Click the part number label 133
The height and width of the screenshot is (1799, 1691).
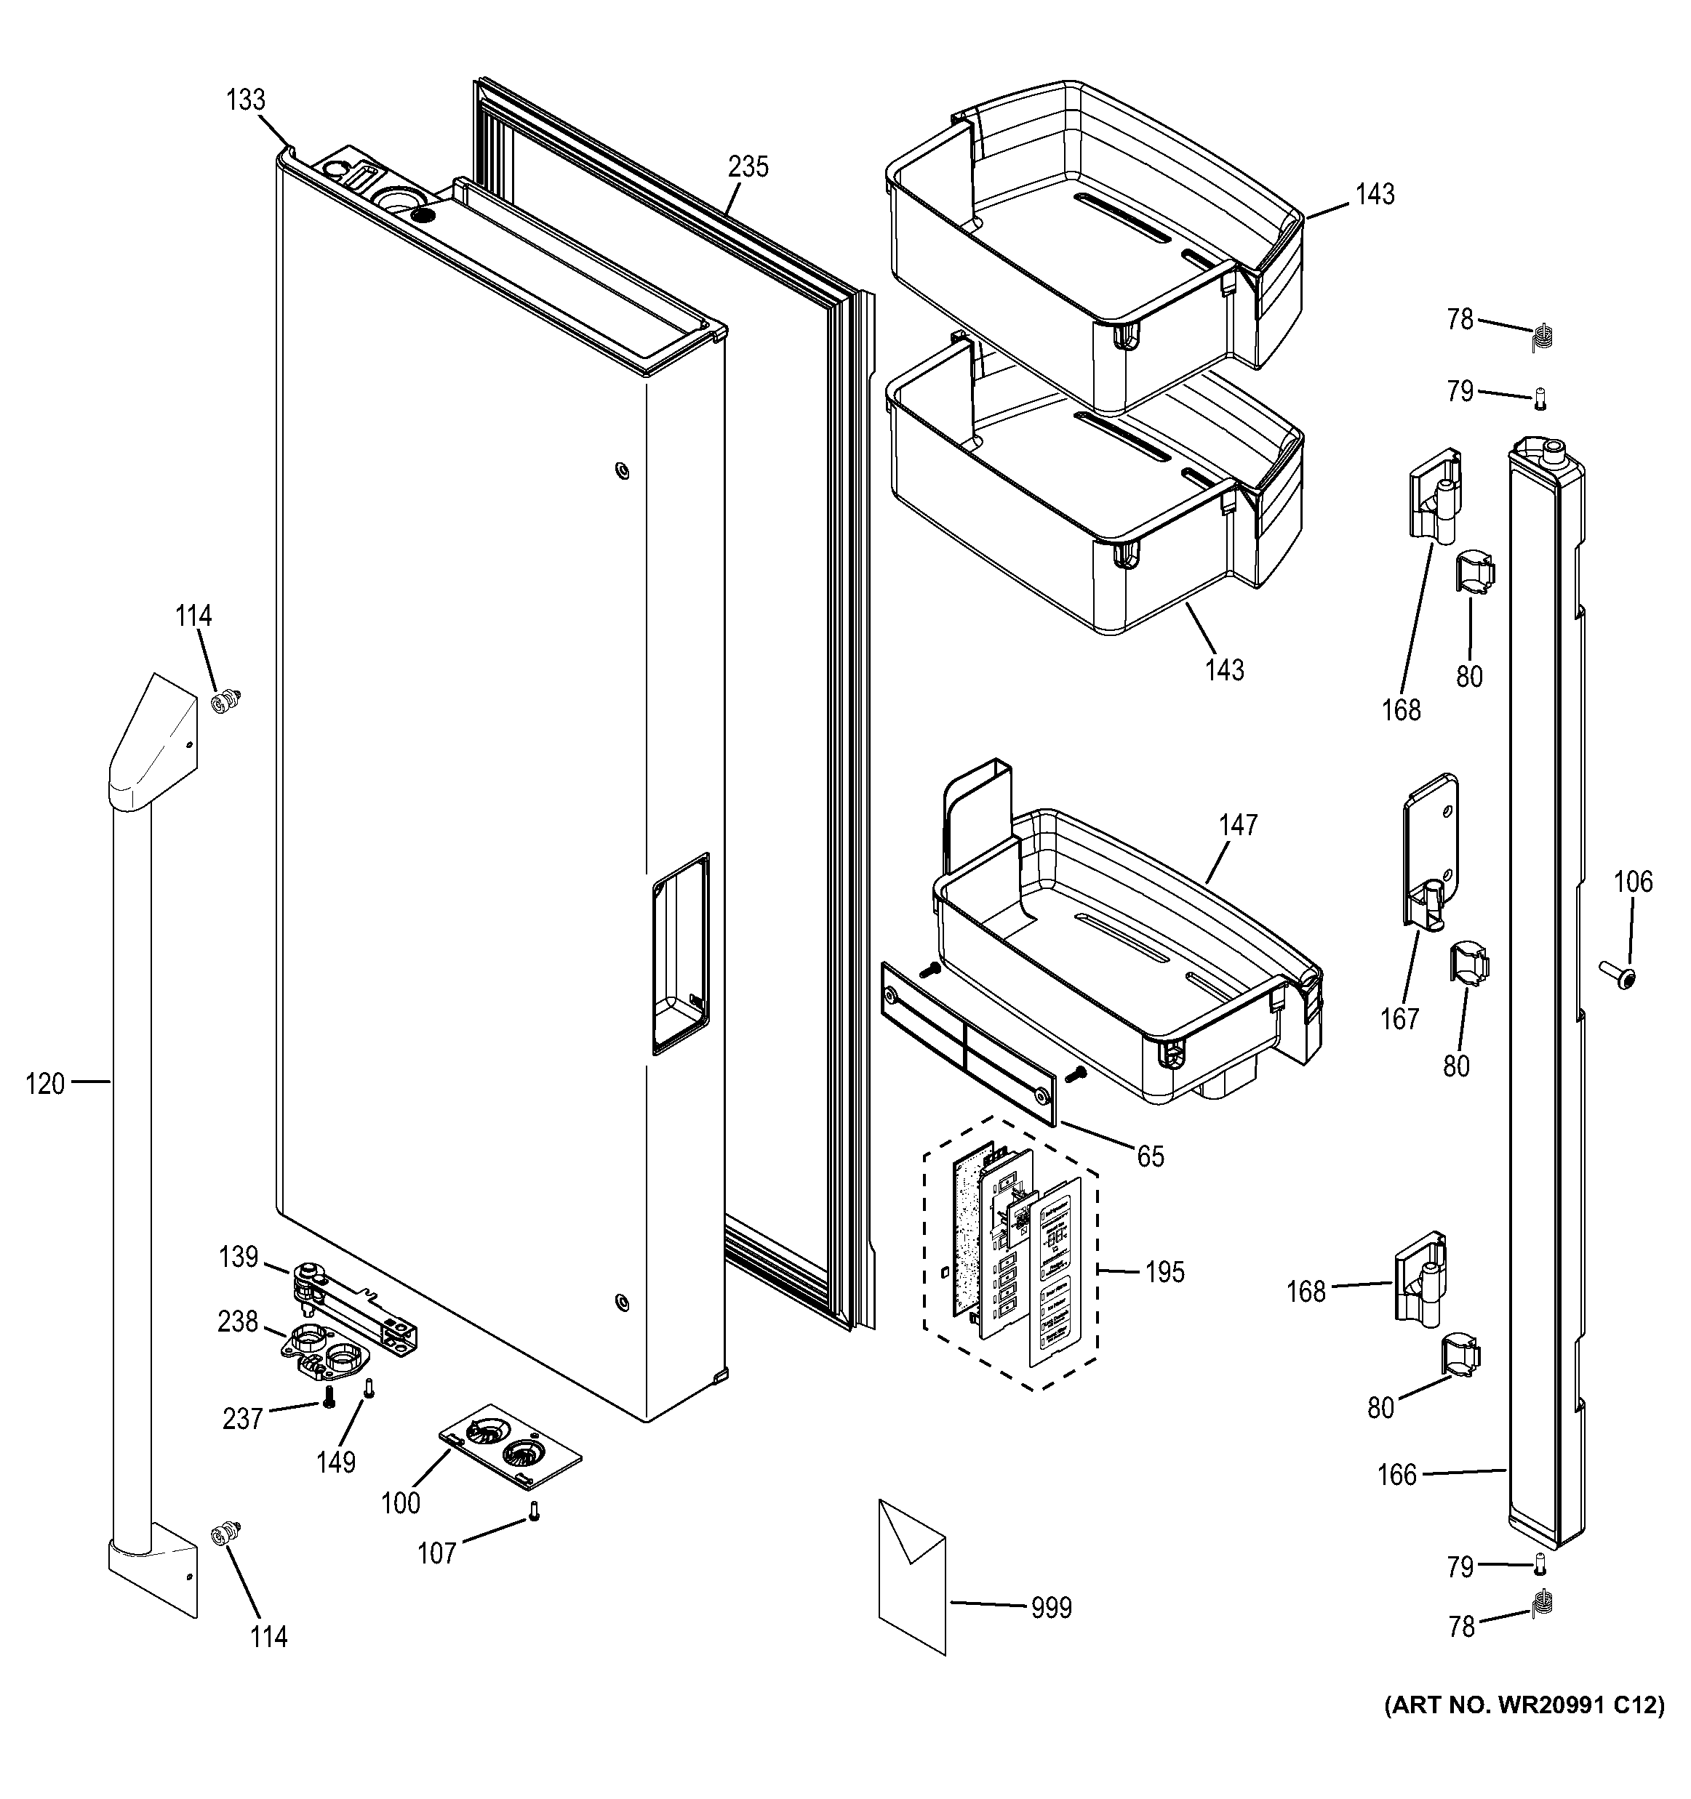click(x=245, y=100)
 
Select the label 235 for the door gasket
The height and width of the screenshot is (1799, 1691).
click(x=748, y=167)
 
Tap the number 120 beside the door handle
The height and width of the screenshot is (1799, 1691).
click(x=45, y=1083)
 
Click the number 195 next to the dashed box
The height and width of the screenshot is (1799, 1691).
click(x=1164, y=1272)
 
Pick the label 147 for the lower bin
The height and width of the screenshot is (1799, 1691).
click(x=1237, y=825)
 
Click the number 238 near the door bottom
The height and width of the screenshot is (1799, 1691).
click(x=237, y=1322)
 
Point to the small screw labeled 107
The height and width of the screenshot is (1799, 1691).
click(x=533, y=1511)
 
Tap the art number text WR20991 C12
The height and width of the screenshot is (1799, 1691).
click(x=1524, y=1707)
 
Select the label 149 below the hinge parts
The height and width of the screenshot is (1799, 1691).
click(x=336, y=1462)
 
